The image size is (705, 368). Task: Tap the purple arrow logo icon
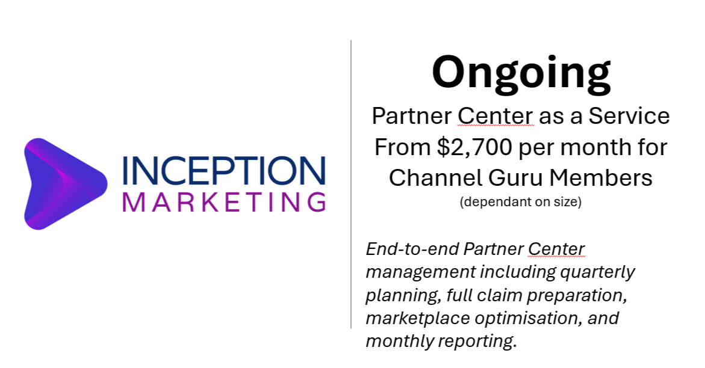click(x=66, y=184)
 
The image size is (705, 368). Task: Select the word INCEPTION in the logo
click(x=224, y=171)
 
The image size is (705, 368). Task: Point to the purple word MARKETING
click(x=224, y=202)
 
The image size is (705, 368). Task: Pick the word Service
click(x=629, y=116)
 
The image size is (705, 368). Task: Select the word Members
click(x=601, y=177)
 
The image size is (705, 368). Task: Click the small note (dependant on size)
click(x=521, y=202)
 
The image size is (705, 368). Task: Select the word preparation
click(x=577, y=296)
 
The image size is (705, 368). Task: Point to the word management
click(x=421, y=272)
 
